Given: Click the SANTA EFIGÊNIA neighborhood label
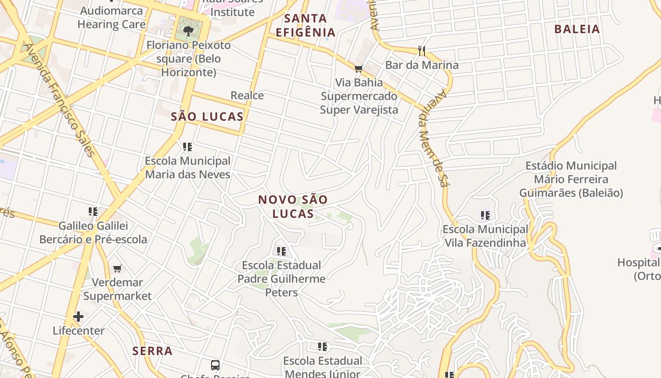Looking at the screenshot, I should pos(305,26).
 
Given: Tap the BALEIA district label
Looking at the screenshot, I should pos(577,29).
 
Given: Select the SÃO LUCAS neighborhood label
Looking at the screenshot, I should pos(207,117).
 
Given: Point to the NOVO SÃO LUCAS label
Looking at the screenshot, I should pos(293,206).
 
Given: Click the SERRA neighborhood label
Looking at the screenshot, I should pos(153,351).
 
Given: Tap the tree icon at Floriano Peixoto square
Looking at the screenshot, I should pos(188,31).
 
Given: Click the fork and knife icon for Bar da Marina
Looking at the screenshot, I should pos(422,51).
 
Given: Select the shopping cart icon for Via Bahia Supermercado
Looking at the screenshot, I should pos(359,69).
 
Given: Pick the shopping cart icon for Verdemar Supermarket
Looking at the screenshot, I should pos(117,268).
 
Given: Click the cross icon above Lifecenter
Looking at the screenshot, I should pos(78,316).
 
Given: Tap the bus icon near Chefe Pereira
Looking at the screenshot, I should pos(215,365).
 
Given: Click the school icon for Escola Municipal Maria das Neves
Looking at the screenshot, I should pos(187,147).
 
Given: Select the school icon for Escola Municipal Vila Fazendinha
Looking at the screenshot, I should pos(485,215).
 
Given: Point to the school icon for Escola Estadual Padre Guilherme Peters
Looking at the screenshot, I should pos(281,251).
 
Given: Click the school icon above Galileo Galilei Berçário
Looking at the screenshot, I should pos(93,211).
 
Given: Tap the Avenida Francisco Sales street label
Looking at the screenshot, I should pos(59,100).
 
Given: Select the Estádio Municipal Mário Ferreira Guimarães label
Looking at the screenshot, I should pos(571,180).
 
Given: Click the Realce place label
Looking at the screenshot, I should pos(247,95).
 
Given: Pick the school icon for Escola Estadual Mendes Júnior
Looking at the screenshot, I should pos(322,347).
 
